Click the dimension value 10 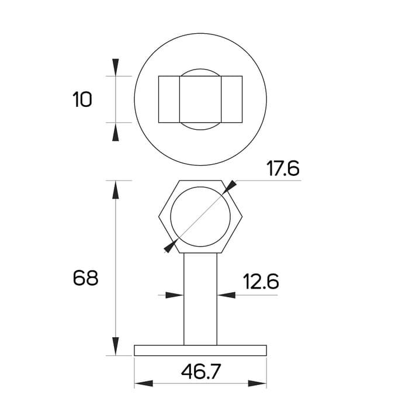(x=82, y=99)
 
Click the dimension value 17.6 (x=283, y=168)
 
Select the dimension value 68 (x=85, y=278)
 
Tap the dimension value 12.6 (x=261, y=281)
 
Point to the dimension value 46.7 (x=201, y=372)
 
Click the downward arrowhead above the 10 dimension (x=116, y=67)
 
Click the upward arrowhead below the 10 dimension (x=116, y=131)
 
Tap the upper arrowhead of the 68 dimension (x=116, y=190)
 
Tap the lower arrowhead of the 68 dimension (x=116, y=346)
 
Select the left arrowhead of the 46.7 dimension (x=144, y=383)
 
